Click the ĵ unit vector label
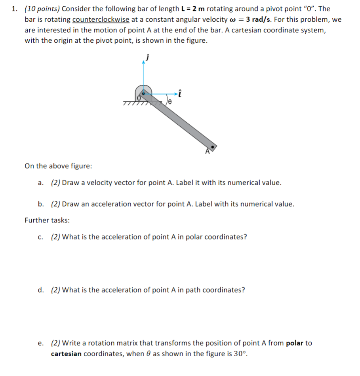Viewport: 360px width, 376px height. [x=148, y=57]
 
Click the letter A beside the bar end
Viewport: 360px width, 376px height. [x=207, y=151]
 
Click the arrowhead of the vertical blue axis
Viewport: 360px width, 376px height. [x=143, y=62]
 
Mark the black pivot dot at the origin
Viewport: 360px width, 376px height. [x=144, y=94]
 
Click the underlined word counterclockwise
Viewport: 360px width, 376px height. [x=101, y=19]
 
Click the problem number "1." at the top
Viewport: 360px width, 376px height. [x=15, y=9]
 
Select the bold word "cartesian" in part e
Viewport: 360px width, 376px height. [x=66, y=353]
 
